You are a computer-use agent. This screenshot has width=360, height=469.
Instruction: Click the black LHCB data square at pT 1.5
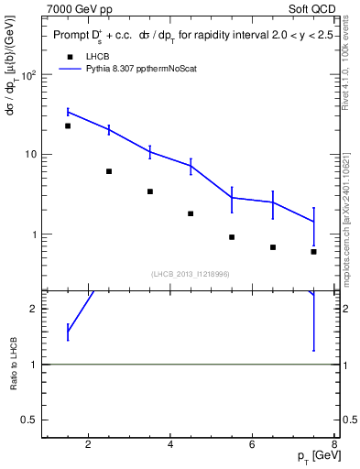click(68, 125)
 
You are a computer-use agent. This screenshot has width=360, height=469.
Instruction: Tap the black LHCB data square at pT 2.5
click(109, 171)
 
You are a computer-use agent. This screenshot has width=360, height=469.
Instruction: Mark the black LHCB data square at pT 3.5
click(149, 191)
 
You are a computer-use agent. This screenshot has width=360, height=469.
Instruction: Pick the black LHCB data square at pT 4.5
click(191, 213)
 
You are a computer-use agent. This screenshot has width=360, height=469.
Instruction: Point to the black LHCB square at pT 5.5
click(232, 237)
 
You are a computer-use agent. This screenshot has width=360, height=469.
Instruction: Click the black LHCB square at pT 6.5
click(273, 247)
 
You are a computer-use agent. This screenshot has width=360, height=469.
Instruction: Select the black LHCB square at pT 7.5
click(313, 251)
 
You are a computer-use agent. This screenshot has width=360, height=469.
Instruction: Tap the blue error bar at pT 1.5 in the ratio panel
click(68, 332)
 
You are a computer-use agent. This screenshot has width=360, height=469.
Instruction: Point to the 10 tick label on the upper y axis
click(31, 155)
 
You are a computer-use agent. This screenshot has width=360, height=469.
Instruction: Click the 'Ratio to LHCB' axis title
click(14, 365)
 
